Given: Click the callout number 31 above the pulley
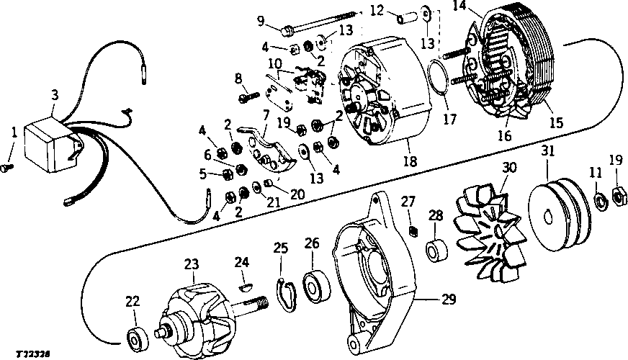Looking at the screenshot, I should (x=548, y=151).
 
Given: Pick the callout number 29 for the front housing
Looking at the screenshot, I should (x=449, y=300).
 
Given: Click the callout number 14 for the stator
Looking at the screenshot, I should (x=459, y=7).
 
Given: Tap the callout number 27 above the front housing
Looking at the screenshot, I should (x=408, y=201).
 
